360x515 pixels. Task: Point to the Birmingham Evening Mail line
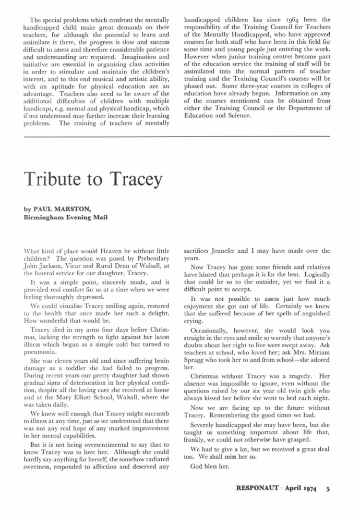(65, 217)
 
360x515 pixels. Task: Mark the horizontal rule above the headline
(180, 137)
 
